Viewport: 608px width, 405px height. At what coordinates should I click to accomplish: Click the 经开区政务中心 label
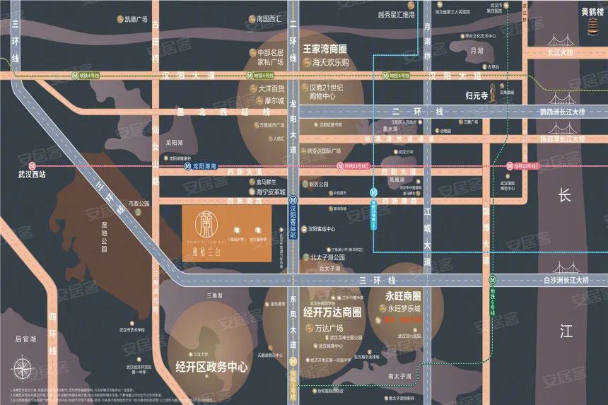[211, 367]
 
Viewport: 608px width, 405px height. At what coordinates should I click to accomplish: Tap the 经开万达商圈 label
[332, 312]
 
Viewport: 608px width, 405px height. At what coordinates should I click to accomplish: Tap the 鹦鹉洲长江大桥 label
[563, 112]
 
